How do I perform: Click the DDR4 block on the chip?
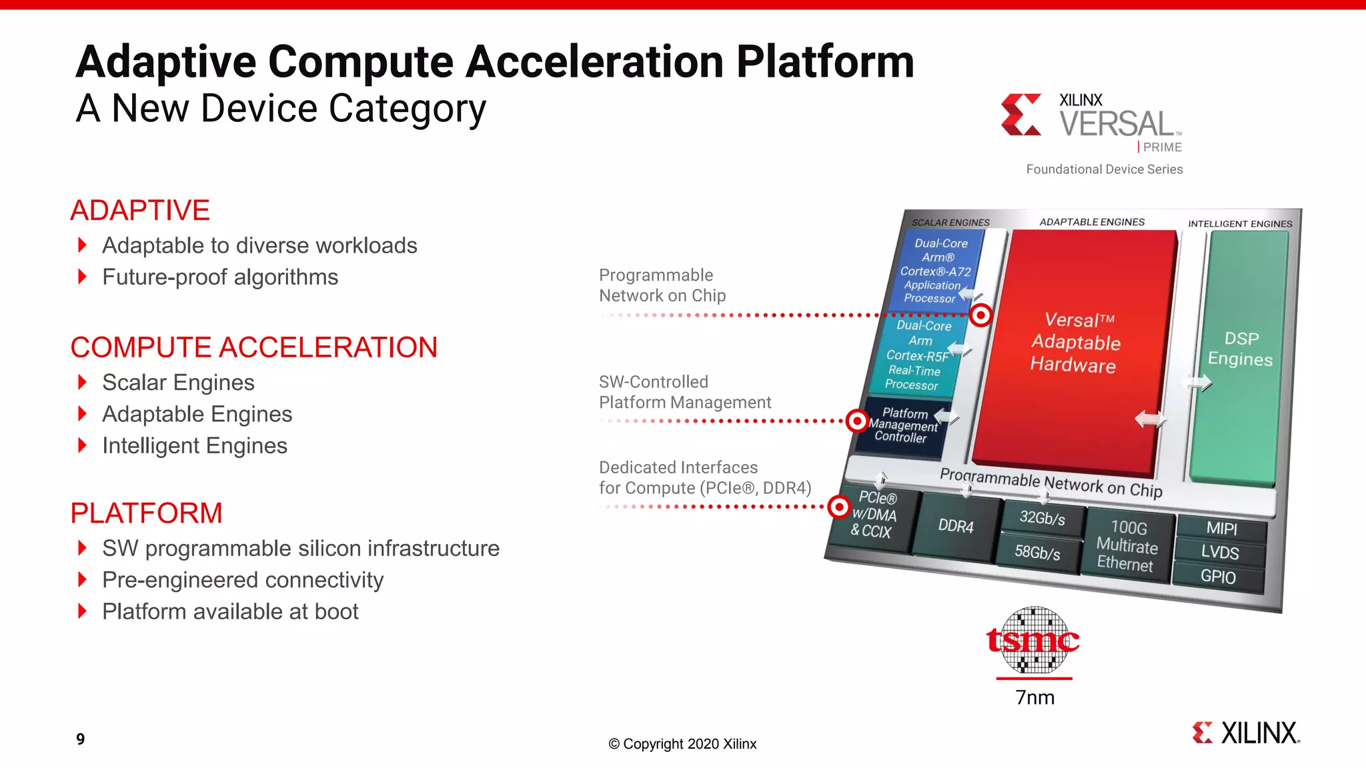coord(955,526)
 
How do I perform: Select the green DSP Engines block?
coord(1239,353)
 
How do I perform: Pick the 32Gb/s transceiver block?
coord(1042,518)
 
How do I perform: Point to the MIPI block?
coord(1221,529)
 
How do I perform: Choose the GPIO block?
coord(1218,577)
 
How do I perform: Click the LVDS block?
coord(1220,553)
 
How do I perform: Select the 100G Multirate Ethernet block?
coord(1127,547)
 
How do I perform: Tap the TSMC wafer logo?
coord(1033,641)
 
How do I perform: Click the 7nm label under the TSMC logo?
coord(1035,698)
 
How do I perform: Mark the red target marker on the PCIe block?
coord(838,507)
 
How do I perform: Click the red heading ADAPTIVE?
coord(140,211)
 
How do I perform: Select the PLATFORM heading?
coord(146,513)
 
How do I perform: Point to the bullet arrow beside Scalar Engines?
coord(82,382)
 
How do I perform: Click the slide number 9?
coord(80,739)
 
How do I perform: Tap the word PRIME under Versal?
coord(1162,147)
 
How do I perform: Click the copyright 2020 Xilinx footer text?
coord(682,744)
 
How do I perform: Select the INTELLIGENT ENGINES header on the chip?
coord(1239,224)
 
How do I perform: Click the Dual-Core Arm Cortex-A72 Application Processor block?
coord(937,271)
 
